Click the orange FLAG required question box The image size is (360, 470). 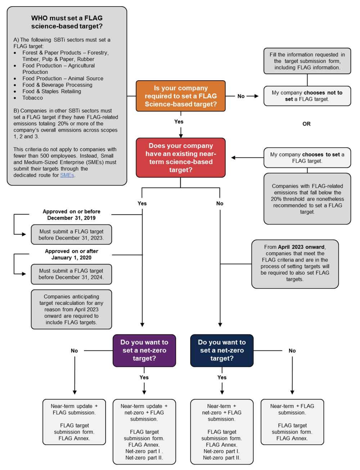coord(181,96)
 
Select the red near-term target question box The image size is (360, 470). coord(181,158)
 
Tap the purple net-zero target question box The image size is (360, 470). coord(144,350)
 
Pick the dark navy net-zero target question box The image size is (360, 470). coord(222,350)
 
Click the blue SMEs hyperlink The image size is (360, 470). coord(67,175)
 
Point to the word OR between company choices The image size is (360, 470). coord(306,124)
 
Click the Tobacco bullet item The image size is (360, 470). coord(32,98)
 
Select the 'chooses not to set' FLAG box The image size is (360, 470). coord(307,96)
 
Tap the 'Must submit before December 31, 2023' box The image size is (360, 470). coord(71,235)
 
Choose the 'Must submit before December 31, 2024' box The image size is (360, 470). coord(71,274)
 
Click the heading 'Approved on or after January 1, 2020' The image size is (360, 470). coord(71,254)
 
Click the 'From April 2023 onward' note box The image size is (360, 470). coord(295,264)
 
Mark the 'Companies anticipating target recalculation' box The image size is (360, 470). coord(71,309)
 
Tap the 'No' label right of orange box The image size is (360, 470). coord(241,96)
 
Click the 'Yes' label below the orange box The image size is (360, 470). coord(179,122)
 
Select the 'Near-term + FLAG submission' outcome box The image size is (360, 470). coord(292,422)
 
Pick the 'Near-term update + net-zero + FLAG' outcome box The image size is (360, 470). coord(144,431)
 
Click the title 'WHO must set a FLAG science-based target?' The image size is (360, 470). coord(67,22)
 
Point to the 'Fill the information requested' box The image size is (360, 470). coord(307,61)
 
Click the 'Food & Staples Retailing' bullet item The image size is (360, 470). coord(51,91)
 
